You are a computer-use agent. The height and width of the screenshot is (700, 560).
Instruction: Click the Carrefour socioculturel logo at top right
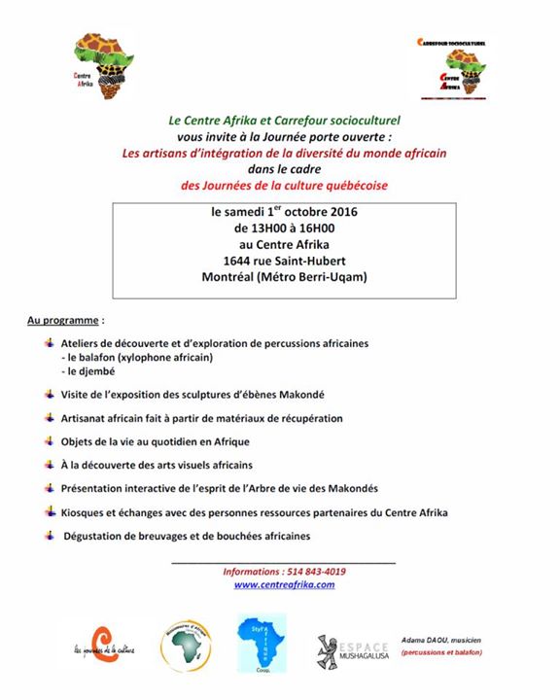pyautogui.click(x=454, y=67)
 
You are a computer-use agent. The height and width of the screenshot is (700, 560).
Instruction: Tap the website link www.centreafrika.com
pyautogui.click(x=284, y=584)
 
